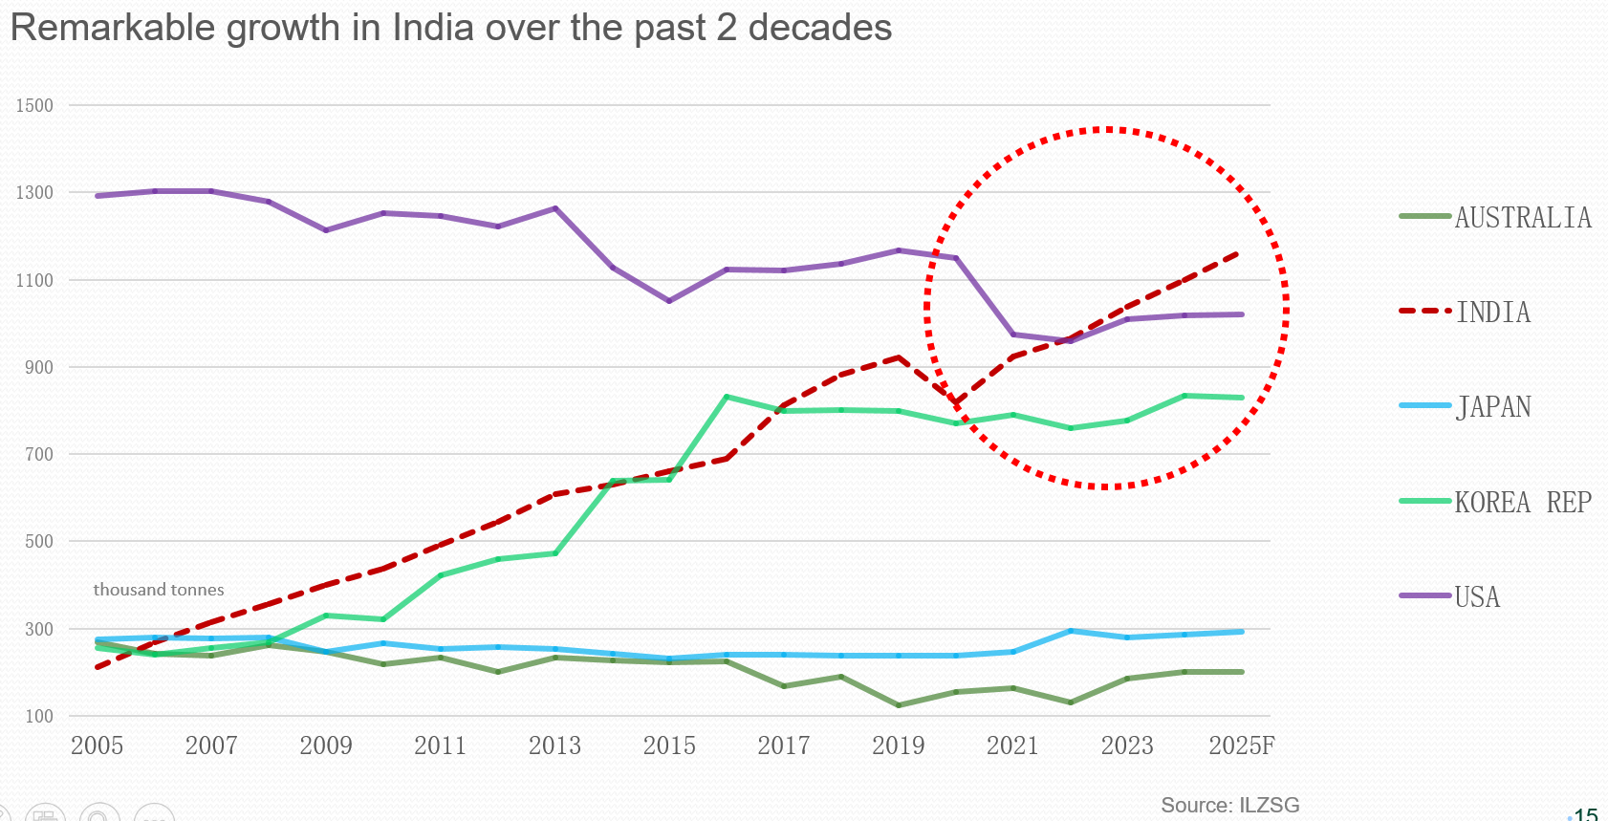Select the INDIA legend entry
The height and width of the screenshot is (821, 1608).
point(1492,313)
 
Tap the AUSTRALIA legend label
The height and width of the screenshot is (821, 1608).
point(1523,218)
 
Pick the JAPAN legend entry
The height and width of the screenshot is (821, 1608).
point(1492,407)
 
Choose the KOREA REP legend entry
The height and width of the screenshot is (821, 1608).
point(1522,503)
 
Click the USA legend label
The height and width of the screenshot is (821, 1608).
point(1477,597)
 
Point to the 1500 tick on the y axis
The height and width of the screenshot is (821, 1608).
point(34,105)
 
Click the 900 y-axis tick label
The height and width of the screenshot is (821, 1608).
point(39,367)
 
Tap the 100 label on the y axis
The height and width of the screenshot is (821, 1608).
point(39,716)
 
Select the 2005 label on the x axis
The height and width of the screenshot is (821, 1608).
point(97,745)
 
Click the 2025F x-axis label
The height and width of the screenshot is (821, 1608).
point(1241,745)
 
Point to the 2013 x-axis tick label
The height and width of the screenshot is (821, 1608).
point(554,745)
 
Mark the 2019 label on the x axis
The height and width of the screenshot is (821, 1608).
point(898,745)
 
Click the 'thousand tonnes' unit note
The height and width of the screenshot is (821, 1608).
point(159,590)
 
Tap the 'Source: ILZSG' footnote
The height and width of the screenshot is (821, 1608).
point(1229,805)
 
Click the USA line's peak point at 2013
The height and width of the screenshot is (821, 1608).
point(555,208)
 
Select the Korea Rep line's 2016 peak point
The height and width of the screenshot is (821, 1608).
point(727,397)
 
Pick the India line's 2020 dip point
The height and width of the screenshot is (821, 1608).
point(955,403)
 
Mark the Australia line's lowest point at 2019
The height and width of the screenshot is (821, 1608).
point(899,705)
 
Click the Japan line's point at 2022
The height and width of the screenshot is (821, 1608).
point(1070,631)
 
